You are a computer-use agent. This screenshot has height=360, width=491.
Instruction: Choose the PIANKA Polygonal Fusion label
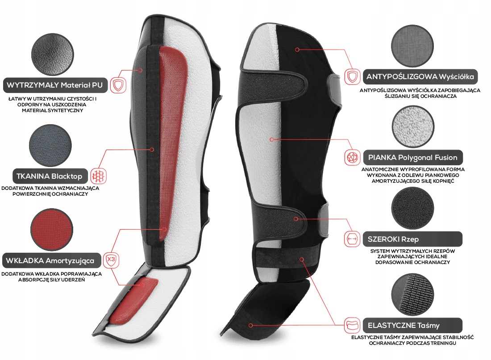point(412,157)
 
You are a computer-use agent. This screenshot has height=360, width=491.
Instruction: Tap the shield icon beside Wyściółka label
point(353,77)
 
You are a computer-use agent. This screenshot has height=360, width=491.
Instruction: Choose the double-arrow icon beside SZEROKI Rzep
point(352,239)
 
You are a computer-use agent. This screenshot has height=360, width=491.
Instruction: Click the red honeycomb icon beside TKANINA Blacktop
point(99,175)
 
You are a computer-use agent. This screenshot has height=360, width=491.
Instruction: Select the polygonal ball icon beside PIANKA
point(353,157)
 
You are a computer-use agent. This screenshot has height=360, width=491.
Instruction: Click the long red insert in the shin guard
point(172,134)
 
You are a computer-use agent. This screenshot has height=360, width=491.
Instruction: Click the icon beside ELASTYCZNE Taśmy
point(353,325)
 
